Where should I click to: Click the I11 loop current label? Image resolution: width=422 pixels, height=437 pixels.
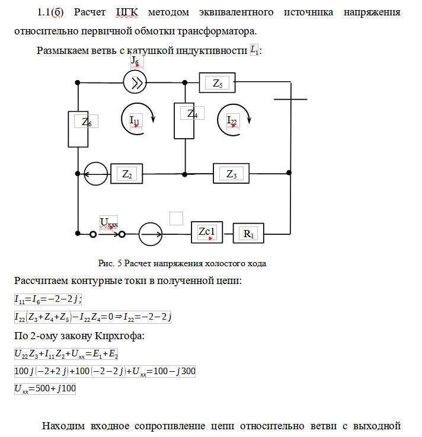coord(135,120)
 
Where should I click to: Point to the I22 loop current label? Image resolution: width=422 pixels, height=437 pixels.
coord(232,120)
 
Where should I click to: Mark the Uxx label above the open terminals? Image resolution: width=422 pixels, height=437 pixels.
coord(108,223)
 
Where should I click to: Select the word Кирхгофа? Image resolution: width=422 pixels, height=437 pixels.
coord(120,336)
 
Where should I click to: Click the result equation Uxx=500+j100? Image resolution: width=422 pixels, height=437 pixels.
coord(45,388)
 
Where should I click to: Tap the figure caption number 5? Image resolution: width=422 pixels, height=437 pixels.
coord(120,263)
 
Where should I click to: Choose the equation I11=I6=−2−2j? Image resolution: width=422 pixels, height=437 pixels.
coord(48,299)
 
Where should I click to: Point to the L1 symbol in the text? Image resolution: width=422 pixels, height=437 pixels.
coord(254,50)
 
